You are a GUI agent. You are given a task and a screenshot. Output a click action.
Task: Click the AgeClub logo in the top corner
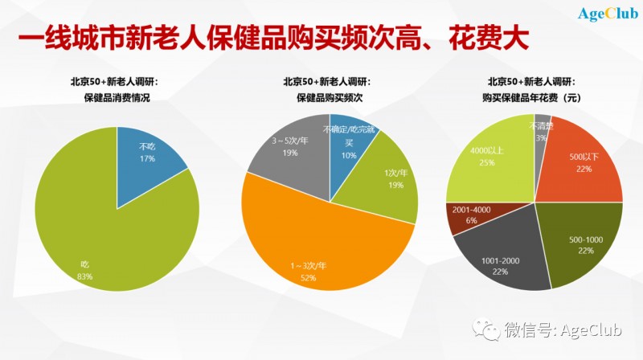(x=608, y=13)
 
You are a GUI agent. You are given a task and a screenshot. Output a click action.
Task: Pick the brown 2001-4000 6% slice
(x=466, y=215)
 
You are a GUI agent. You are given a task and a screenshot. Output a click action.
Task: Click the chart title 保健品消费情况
(x=117, y=97)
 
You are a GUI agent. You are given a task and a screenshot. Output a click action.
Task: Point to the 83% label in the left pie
(x=85, y=276)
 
